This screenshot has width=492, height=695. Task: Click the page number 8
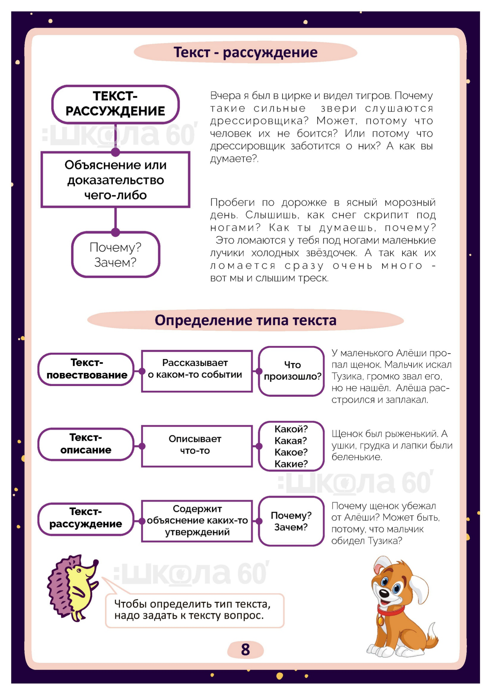tap(245, 649)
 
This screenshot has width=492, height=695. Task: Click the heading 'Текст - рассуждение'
tap(245, 52)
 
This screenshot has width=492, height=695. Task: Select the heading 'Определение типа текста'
tap(245, 320)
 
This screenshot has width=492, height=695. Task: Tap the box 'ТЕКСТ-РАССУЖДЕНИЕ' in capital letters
tap(115, 104)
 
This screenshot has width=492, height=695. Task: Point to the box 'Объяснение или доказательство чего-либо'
tap(115, 180)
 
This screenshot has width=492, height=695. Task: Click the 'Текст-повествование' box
tap(86, 369)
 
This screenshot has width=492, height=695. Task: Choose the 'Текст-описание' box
tap(86, 444)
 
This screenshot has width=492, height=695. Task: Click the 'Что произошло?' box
tap(292, 371)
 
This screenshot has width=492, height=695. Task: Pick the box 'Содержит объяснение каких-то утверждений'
tap(197, 521)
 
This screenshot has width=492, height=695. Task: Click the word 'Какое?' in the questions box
tap(291, 452)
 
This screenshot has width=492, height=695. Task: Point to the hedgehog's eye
tap(79, 571)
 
